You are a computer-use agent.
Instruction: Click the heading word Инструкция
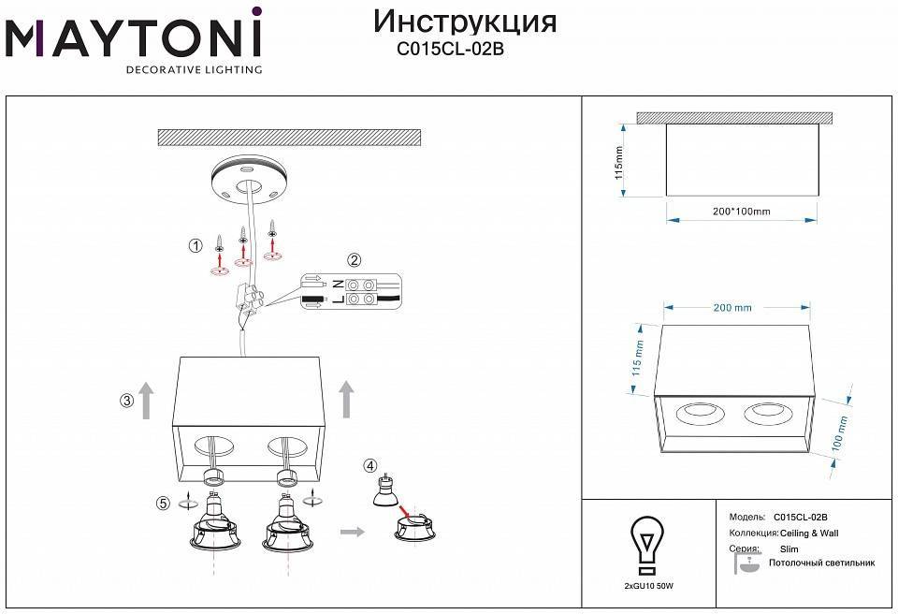point(464,22)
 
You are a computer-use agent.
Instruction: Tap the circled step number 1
point(196,246)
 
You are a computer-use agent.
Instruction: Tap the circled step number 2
point(354,260)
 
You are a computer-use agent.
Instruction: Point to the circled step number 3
point(126,402)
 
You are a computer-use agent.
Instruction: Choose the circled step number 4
point(371,465)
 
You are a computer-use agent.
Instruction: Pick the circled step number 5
point(164,504)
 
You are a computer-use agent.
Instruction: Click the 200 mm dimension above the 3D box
point(733,308)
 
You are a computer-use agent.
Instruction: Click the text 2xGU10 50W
point(648,585)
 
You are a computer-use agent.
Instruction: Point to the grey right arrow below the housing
point(352,532)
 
